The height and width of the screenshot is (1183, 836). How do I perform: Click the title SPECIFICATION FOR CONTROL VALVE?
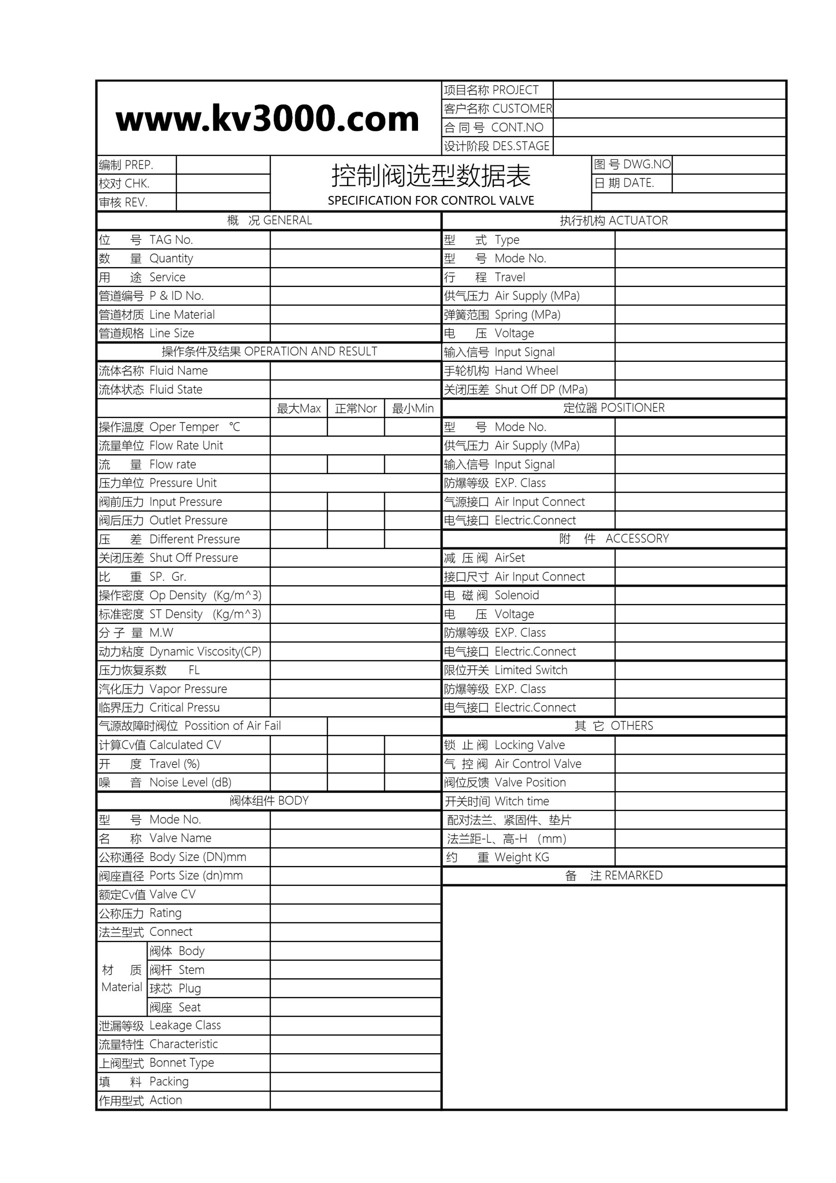(x=430, y=201)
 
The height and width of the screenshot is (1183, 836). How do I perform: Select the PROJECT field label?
(x=491, y=90)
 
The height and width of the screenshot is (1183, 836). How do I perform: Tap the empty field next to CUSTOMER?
(x=669, y=109)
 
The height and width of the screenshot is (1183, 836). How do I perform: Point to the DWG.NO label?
(x=632, y=165)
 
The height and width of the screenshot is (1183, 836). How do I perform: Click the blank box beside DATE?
(x=728, y=183)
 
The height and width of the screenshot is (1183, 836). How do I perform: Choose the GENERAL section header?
(x=269, y=220)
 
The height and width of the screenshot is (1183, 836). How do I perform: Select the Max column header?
(x=299, y=409)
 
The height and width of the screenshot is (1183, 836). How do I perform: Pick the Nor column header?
(x=356, y=409)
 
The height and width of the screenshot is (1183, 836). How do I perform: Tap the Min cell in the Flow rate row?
(x=412, y=464)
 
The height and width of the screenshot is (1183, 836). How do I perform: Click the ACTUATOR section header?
(x=613, y=220)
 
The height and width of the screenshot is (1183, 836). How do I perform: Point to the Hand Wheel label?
(x=501, y=371)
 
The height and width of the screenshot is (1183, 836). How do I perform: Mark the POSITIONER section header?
(x=613, y=408)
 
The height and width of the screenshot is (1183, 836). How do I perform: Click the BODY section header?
(x=269, y=801)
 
